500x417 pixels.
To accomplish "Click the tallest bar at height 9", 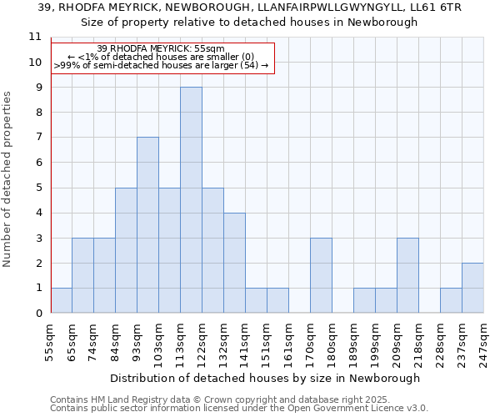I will click(x=191, y=200).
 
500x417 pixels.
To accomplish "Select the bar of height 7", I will click(x=147, y=225).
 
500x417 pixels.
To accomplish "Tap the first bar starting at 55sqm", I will click(x=61, y=300).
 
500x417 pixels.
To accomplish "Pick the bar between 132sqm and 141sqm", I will click(x=234, y=263).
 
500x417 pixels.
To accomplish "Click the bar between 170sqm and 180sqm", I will click(x=321, y=275).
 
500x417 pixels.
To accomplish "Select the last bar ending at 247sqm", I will click(x=472, y=288).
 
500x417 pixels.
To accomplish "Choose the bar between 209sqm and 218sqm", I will click(x=407, y=275).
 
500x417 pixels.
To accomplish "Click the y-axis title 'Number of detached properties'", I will click(x=8, y=179).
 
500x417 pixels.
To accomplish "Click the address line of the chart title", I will click(x=250, y=8).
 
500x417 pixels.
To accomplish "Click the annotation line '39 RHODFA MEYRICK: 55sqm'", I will click(x=161, y=49).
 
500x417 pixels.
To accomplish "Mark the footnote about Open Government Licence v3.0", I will click(x=238, y=409).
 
